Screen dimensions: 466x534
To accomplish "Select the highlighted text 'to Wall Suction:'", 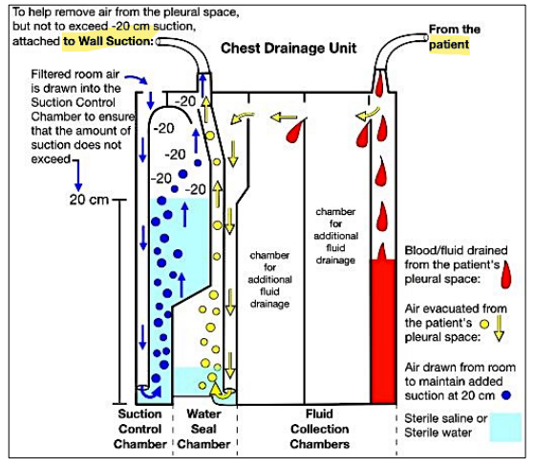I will (x=108, y=42).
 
